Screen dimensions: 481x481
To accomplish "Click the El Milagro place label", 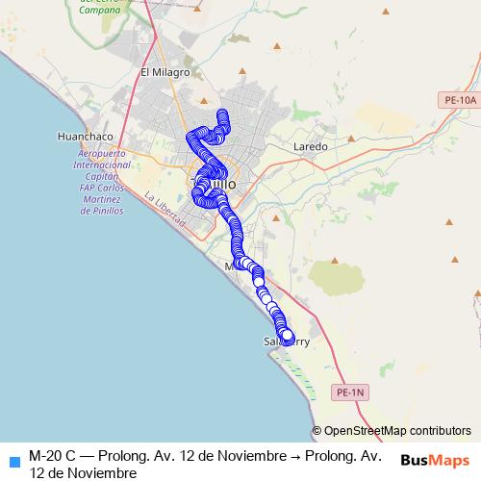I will [x=160, y=72].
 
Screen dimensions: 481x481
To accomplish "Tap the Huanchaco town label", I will [x=86, y=137].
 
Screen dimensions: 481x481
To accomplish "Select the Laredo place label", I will [x=311, y=146].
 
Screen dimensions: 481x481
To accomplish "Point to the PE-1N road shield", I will [x=352, y=392].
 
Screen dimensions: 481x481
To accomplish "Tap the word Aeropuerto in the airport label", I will [x=102, y=154].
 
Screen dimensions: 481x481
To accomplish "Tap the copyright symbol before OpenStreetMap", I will [x=316, y=431].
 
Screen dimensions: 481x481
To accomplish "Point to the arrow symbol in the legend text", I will [x=295, y=454].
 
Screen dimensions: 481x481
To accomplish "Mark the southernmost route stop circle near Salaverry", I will [x=287, y=335].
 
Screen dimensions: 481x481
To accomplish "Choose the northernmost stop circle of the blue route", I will [x=222, y=115].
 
